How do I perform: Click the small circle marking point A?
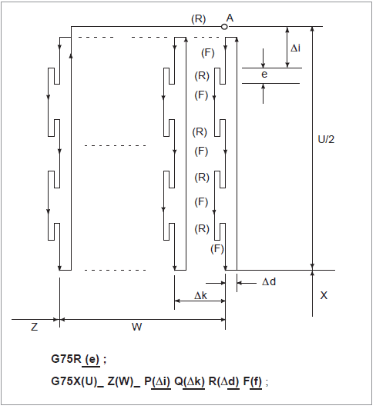(224, 27)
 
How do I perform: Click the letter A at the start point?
(230, 18)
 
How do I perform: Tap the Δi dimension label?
(295, 48)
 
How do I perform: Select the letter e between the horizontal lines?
(264, 75)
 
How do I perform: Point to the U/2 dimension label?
(326, 140)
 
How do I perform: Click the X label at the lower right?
(324, 295)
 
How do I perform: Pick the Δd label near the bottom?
(269, 281)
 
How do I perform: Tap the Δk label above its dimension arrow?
(200, 295)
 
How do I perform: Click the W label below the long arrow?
(136, 327)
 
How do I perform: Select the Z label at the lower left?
(35, 327)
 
